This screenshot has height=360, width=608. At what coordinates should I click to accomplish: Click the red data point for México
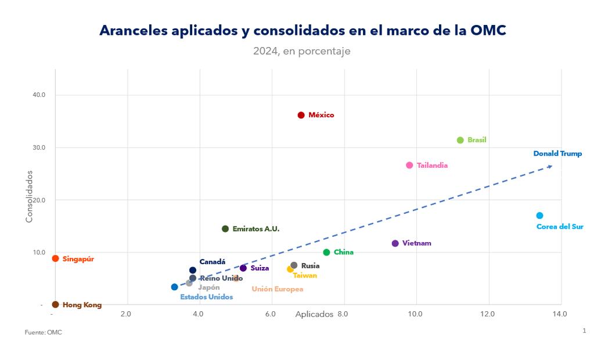tap(301, 115)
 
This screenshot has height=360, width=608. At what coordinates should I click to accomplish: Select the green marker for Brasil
tap(461, 140)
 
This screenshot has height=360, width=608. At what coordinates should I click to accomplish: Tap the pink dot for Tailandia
tap(409, 165)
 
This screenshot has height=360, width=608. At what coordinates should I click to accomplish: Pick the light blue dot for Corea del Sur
tap(539, 215)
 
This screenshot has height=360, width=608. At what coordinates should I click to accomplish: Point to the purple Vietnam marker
tap(395, 243)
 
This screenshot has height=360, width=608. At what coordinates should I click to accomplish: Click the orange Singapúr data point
tap(55, 258)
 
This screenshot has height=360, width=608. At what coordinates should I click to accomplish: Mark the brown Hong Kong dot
tap(55, 304)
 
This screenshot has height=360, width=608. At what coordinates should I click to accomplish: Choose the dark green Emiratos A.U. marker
tap(225, 229)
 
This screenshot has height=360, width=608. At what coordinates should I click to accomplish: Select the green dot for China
tap(326, 252)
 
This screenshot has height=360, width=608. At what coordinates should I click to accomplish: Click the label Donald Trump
tap(557, 154)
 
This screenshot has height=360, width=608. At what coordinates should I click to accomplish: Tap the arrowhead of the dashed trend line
tap(549, 167)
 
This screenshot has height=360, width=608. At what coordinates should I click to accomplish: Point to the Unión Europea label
tap(277, 289)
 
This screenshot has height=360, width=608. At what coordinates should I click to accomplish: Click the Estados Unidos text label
tap(206, 297)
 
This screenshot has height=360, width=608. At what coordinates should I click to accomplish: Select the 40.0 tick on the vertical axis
tap(39, 95)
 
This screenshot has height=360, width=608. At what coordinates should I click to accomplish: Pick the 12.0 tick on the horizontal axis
tap(487, 314)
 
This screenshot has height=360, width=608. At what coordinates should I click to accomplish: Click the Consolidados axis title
tap(29, 196)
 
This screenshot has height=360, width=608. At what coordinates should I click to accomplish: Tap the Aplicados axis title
tap(314, 314)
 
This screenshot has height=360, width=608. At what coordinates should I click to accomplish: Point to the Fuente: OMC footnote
tap(43, 332)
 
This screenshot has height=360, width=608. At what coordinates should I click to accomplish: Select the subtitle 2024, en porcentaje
tap(301, 51)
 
